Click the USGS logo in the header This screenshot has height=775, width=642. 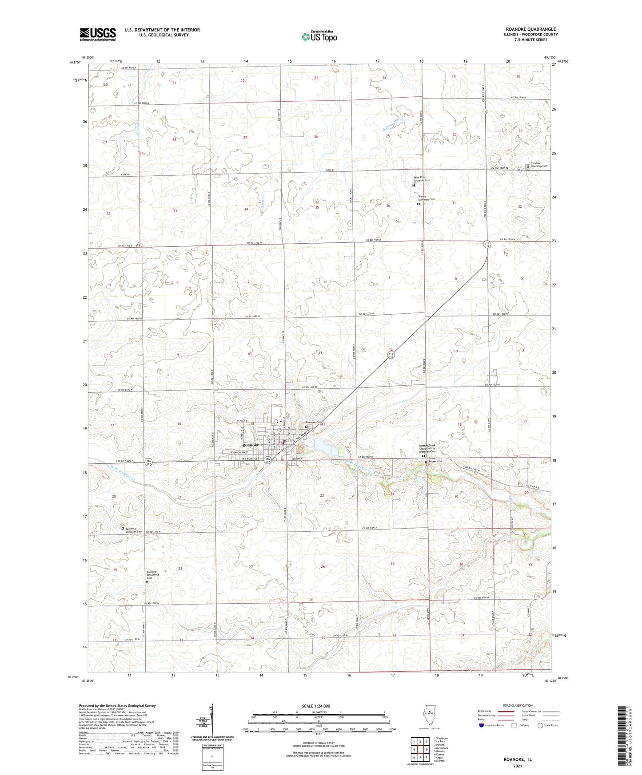[98, 34]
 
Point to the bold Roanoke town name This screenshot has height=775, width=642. [251, 445]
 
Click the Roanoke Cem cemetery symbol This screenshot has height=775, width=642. [306, 427]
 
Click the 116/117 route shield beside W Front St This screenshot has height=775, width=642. [267, 459]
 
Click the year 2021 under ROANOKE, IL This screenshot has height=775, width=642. [518, 766]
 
